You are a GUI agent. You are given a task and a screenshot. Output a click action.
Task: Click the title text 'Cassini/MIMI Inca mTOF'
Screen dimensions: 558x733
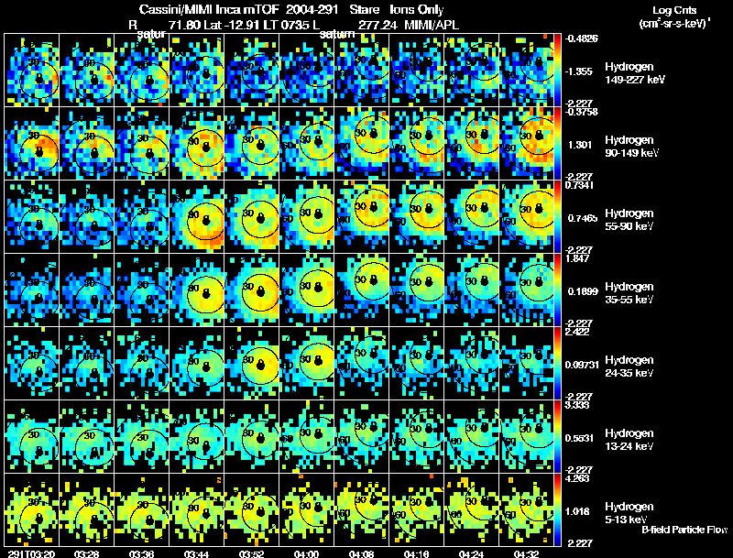click(x=206, y=9)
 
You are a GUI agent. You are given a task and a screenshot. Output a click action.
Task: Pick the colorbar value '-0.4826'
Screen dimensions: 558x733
click(x=582, y=38)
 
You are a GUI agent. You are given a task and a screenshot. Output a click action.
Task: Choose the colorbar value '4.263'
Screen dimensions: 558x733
click(x=580, y=477)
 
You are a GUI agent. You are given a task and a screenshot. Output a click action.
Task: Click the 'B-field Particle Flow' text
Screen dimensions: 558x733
click(x=684, y=530)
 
